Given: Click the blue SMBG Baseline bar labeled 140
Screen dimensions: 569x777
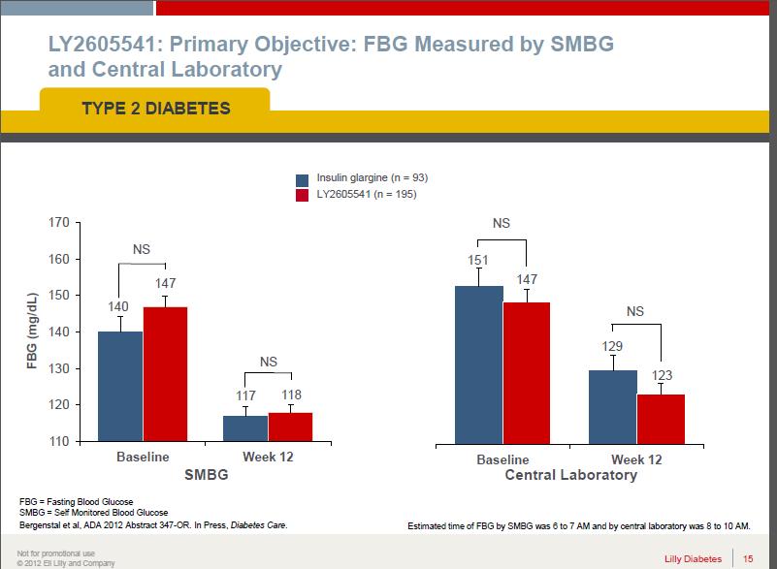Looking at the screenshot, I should click(119, 386).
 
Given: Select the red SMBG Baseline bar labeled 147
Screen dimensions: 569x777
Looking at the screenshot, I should click(165, 374).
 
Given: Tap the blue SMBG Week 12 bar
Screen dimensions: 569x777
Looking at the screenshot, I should click(245, 427).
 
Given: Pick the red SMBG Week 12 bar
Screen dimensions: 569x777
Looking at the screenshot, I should click(290, 427).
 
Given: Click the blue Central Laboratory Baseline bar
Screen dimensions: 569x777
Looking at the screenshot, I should click(479, 364).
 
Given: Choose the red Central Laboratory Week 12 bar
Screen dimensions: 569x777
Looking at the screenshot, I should click(661, 417).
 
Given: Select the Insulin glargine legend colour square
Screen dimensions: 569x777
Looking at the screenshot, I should click(302, 179).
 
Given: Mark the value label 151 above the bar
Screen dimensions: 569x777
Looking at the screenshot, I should click(478, 260).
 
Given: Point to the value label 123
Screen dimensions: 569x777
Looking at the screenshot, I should click(662, 375).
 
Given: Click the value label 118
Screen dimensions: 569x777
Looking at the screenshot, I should click(291, 395).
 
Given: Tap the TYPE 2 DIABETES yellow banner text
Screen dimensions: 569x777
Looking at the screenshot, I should click(155, 108).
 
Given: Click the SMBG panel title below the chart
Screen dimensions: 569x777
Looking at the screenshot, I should click(206, 476).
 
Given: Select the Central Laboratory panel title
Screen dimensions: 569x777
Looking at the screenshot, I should click(571, 475).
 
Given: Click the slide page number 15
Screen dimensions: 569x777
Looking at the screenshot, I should click(748, 557).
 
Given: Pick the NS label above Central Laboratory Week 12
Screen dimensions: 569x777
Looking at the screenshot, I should click(635, 311).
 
